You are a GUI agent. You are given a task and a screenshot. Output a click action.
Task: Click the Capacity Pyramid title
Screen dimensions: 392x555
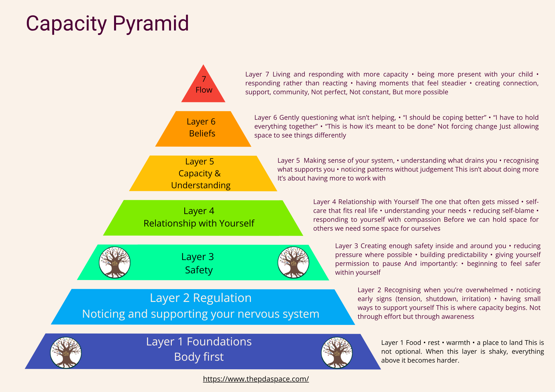tap(107, 24)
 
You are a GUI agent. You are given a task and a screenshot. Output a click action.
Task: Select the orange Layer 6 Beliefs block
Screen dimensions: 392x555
tap(203, 128)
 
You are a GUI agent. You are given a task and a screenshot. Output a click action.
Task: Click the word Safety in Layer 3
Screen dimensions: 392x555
tap(199, 270)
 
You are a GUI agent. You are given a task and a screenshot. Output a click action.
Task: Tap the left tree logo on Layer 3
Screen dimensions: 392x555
tap(115, 262)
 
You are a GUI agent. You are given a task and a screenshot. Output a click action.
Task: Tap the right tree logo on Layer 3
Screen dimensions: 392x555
tap(293, 262)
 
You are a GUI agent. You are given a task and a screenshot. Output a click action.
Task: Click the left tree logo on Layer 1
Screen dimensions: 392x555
tap(66, 353)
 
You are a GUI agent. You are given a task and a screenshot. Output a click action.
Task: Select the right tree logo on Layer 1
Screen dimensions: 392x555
tap(337, 353)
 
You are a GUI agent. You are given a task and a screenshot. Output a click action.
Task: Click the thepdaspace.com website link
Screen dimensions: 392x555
tap(256, 379)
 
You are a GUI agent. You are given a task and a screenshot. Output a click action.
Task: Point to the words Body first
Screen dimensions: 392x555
tap(199, 357)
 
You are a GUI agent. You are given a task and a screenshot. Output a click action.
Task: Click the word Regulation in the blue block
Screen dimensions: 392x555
tap(222, 298)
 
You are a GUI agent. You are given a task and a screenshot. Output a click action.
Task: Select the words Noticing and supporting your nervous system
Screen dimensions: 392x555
tap(201, 314)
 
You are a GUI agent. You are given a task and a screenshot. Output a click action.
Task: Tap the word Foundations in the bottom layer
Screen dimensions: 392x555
tap(219, 342)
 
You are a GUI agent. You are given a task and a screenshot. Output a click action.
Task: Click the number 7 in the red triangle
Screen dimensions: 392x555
tap(204, 79)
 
